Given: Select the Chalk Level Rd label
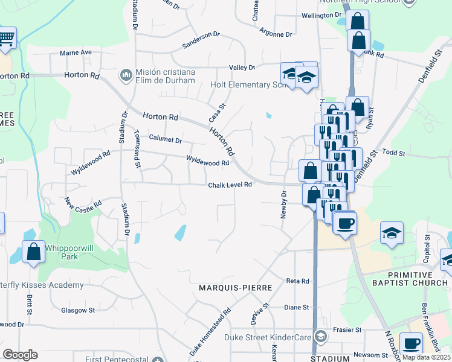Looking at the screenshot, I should [x=230, y=185].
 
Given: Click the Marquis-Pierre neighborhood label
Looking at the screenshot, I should [x=236, y=288].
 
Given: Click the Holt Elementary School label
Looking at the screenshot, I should [x=247, y=85].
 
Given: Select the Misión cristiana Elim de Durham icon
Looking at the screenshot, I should [x=126, y=74].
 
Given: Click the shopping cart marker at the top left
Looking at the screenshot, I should [x=6, y=39].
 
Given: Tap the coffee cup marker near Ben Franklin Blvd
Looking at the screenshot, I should [x=412, y=344].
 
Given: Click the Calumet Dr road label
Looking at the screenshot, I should [x=165, y=140].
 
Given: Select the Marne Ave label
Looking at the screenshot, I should [x=76, y=52].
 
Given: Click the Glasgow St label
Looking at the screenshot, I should [x=79, y=310].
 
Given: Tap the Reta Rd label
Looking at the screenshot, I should [x=297, y=281].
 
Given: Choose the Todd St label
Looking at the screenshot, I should [x=393, y=153].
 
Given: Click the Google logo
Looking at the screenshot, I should [x=20, y=355].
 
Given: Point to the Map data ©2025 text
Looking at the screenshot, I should [x=426, y=357].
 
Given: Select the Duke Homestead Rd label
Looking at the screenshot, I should [x=211, y=332].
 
